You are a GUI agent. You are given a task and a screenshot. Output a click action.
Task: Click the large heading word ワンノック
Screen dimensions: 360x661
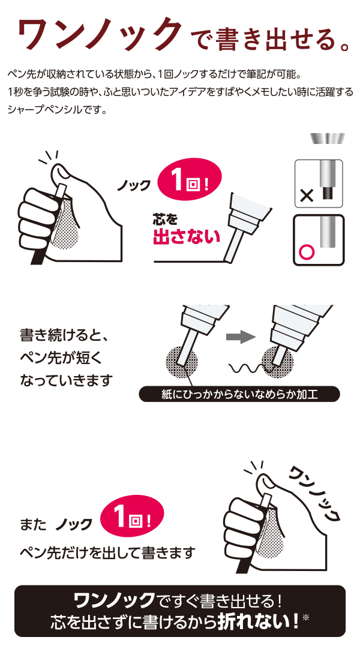100,35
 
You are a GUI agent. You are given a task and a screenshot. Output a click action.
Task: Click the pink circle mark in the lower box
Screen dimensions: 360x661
307,252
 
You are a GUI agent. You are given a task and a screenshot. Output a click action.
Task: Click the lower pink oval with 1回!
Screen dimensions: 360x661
132,518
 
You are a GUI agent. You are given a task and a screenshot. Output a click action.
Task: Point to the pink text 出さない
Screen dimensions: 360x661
187,237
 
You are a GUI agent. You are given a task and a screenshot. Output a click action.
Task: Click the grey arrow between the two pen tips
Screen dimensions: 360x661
241,337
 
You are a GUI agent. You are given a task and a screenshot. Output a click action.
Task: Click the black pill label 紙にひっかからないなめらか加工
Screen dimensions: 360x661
239,395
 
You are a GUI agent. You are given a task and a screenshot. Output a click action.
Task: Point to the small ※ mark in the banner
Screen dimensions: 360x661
305,617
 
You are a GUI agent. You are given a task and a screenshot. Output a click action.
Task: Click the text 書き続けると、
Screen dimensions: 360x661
65,336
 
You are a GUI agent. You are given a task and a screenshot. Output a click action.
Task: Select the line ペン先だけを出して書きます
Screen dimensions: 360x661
108,552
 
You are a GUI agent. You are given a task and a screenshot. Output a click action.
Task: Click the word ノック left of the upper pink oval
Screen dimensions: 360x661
133,185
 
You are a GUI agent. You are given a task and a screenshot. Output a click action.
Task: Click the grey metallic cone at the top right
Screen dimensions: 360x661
328,139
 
